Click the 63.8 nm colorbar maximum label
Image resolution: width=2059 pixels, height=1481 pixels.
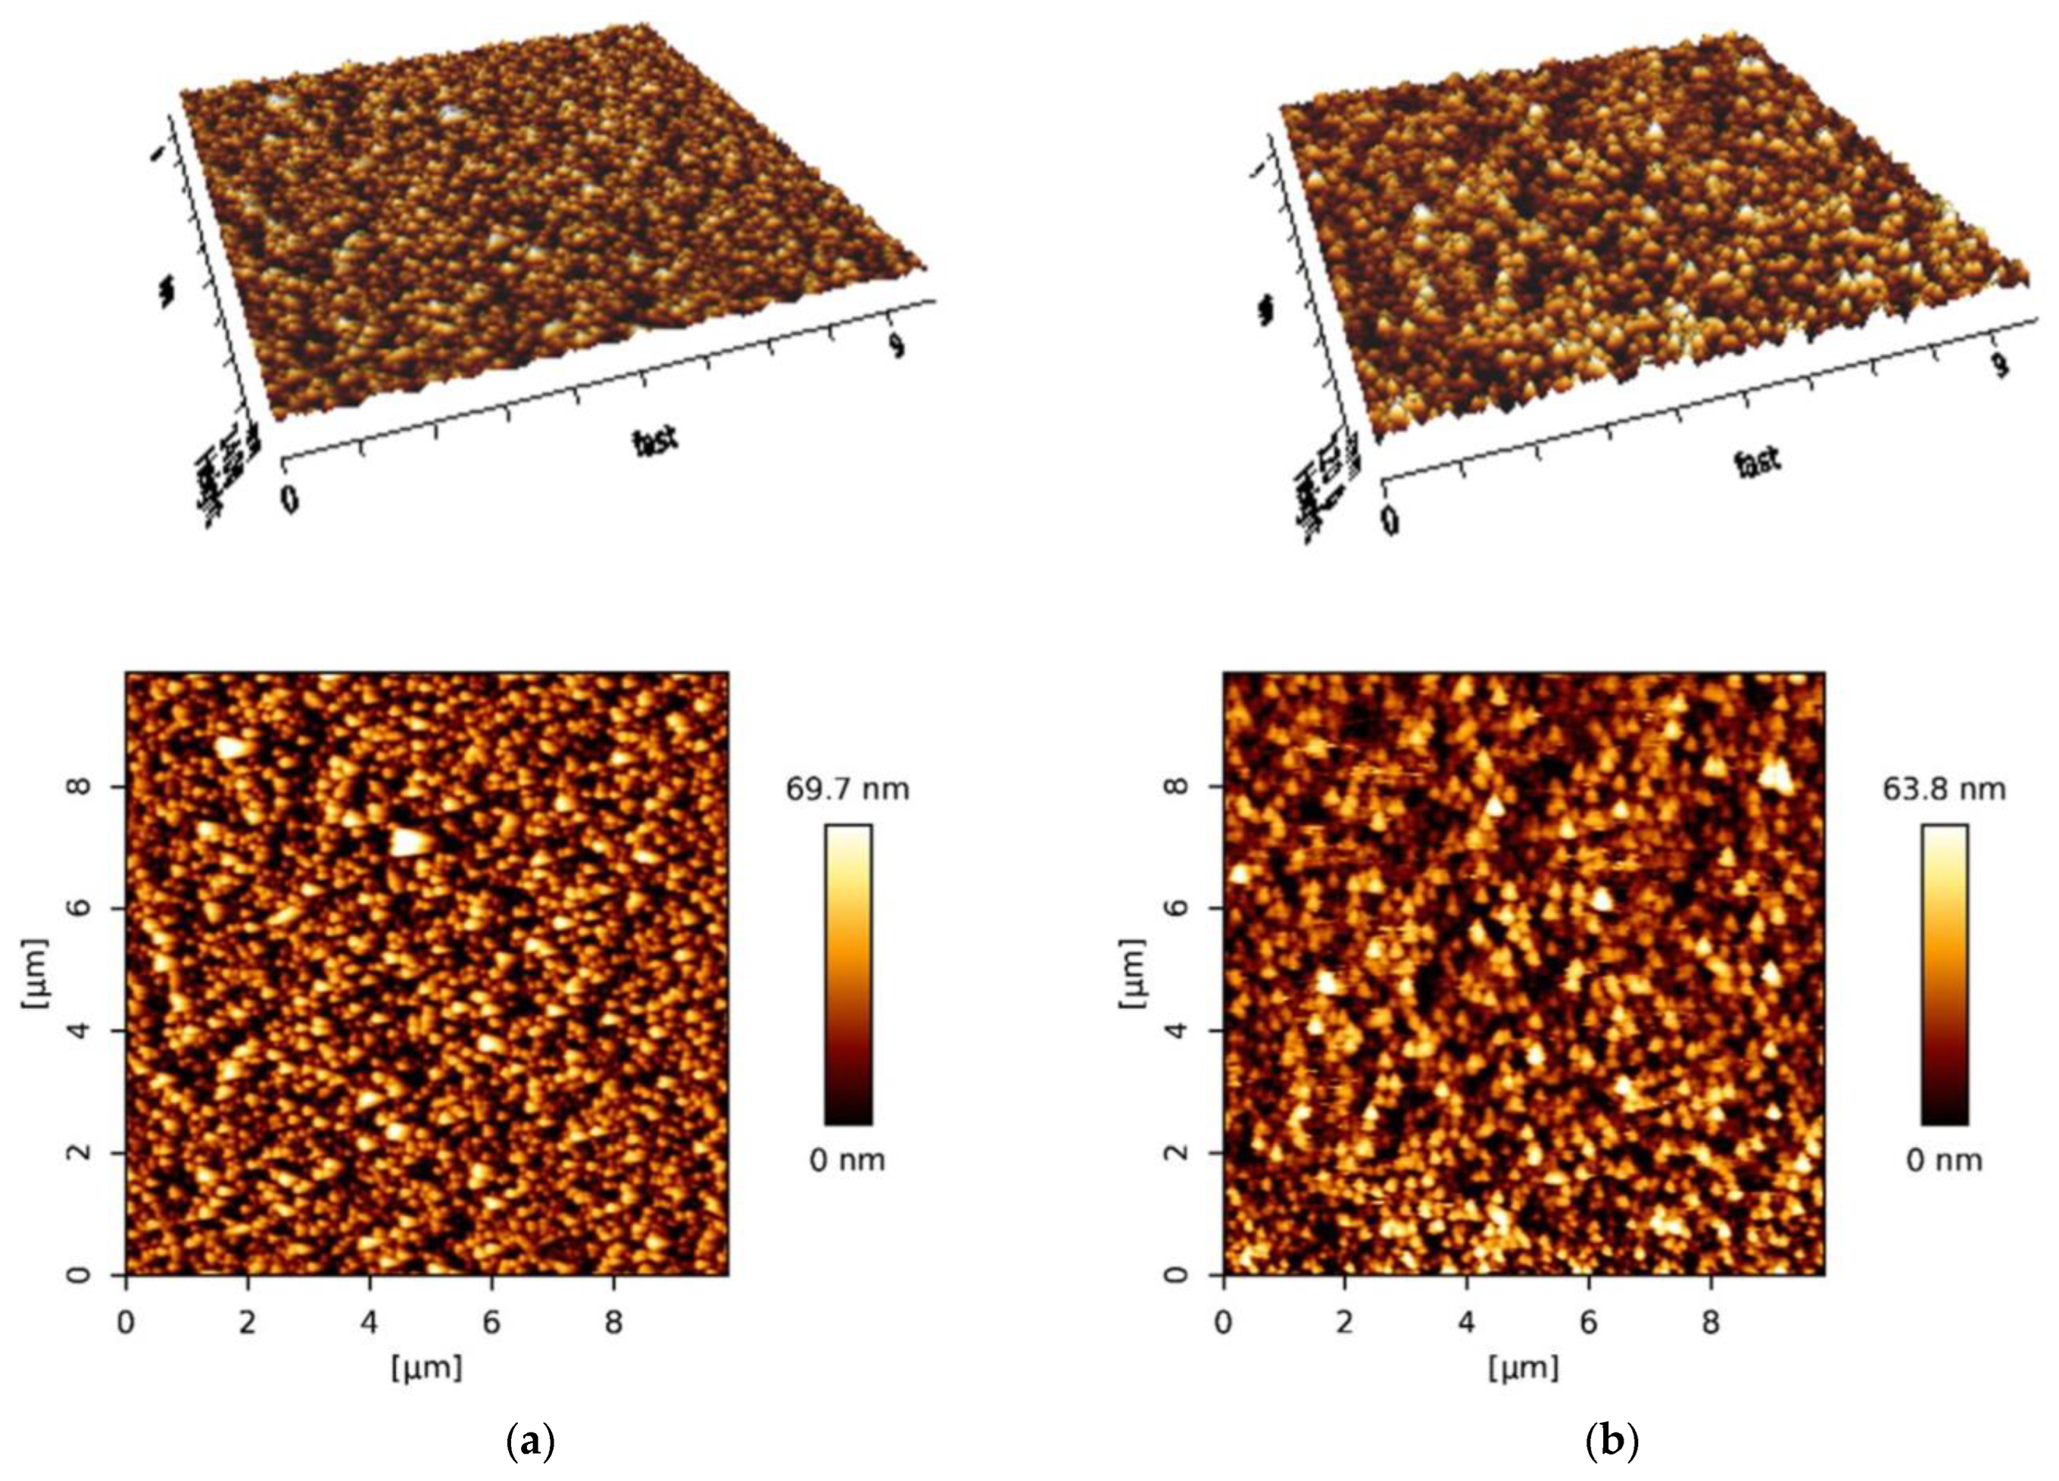coord(1943,789)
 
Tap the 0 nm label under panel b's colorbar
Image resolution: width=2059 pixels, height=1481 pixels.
coord(1943,1161)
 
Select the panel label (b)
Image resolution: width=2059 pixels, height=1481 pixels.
coord(1611,1441)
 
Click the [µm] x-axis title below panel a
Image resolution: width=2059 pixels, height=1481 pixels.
coord(426,1367)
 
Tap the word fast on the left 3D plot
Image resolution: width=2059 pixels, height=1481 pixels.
coord(656,442)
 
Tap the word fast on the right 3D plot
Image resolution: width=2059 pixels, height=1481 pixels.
coord(1758,462)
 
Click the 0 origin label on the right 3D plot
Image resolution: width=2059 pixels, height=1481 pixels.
coord(1390,520)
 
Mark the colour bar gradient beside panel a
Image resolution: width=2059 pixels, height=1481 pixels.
coord(848,974)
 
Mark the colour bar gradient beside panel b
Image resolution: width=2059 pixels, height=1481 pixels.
coord(1945,974)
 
